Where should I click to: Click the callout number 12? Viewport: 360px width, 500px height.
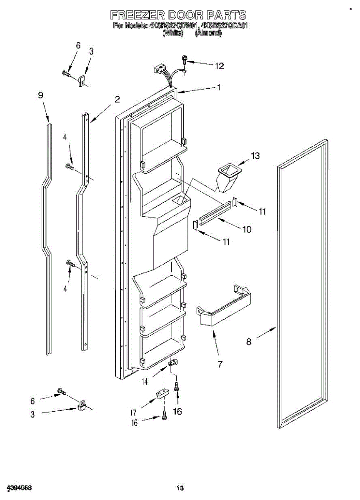(x=219, y=66)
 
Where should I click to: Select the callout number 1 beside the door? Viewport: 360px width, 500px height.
(x=218, y=87)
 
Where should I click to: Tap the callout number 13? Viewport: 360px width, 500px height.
(x=255, y=156)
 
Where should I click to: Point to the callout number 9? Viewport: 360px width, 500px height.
(x=40, y=95)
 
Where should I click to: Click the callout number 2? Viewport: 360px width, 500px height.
(x=117, y=99)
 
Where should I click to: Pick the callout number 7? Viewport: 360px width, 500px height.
(x=220, y=365)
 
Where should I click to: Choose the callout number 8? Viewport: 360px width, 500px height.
(x=249, y=342)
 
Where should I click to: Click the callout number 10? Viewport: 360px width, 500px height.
(x=247, y=229)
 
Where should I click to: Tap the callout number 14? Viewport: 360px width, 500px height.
(x=145, y=380)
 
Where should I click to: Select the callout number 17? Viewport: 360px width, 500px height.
(x=133, y=413)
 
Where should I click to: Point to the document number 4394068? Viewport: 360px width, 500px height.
(x=20, y=487)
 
